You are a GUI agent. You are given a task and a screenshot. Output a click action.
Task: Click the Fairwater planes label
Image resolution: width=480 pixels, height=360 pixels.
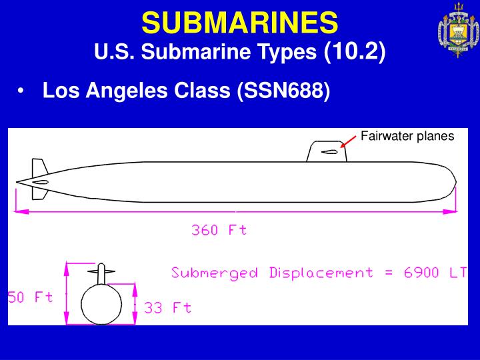(407, 136)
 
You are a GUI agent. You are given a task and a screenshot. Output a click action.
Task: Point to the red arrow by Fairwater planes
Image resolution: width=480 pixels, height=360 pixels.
(348, 141)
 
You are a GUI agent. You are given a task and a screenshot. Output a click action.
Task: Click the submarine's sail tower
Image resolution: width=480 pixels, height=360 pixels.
(327, 151)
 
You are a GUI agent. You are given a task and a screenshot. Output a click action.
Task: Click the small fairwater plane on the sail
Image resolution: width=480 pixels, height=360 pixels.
(329, 151)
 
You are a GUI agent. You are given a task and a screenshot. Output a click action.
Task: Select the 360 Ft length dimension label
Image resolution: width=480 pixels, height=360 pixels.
(219, 230)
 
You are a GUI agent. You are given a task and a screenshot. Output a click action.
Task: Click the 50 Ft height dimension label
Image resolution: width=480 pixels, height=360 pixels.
(30, 297)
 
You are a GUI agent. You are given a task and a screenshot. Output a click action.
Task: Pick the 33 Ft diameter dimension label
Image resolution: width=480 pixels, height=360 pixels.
(168, 307)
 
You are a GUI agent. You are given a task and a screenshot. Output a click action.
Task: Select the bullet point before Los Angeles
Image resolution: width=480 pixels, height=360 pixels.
(24, 91)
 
